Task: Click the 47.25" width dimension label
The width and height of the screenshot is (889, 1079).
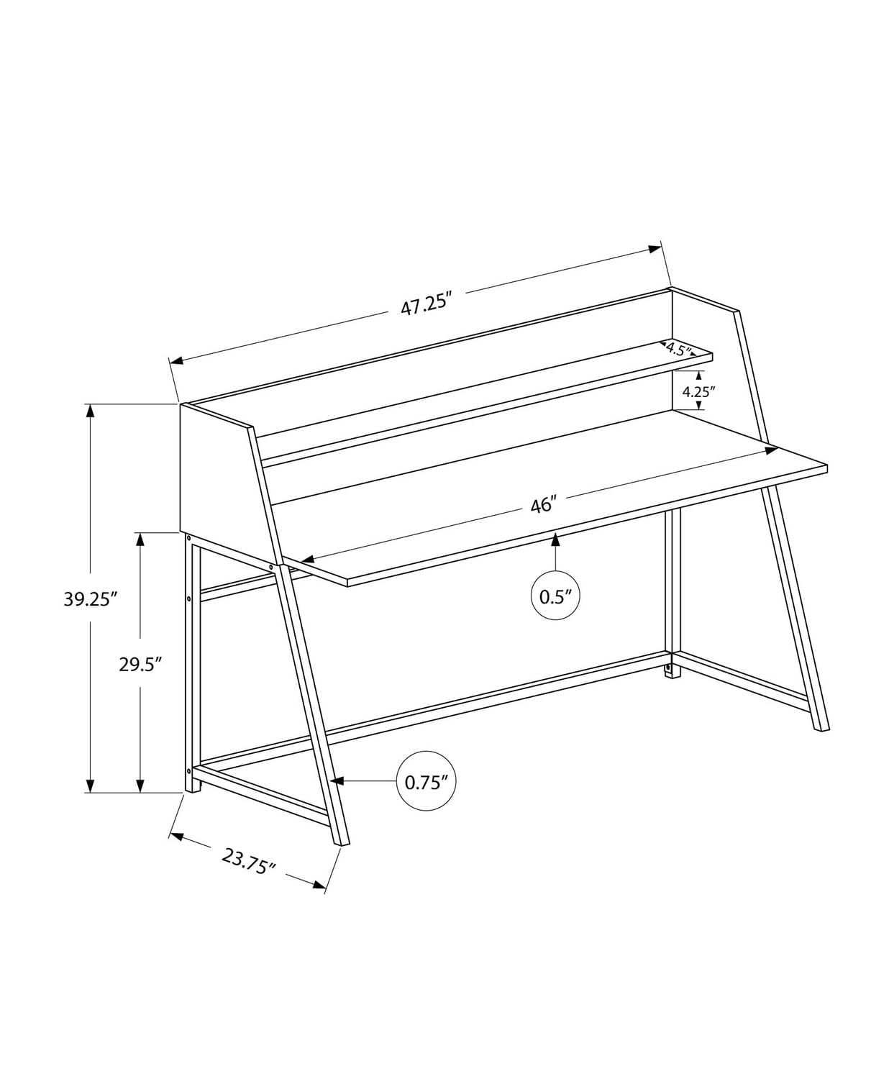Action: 425,305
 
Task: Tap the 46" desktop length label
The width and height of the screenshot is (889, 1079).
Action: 544,505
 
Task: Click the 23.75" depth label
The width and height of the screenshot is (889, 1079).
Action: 249,860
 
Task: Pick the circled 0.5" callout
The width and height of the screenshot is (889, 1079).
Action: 555,596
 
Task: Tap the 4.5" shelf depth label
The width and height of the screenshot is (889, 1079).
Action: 678,350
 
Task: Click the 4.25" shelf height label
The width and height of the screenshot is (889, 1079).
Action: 698,392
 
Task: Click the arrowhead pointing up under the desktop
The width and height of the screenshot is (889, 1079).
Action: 555,540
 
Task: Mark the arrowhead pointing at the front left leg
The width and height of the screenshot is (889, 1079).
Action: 338,781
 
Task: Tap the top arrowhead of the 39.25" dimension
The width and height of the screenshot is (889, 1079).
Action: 90,411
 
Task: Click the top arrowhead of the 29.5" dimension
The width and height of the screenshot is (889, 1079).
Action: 140,539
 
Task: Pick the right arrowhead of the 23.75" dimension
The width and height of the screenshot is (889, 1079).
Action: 319,884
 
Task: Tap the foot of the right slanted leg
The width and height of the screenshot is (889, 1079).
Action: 821,727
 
